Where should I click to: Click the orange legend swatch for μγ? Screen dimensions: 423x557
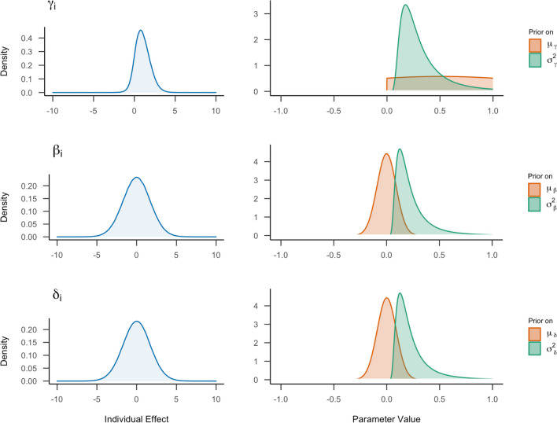535,44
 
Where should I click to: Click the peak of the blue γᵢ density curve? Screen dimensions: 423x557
141,31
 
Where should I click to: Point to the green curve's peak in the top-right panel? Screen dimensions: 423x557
405,6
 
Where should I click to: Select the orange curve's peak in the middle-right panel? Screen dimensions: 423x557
386,154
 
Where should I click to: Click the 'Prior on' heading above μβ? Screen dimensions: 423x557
541,177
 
